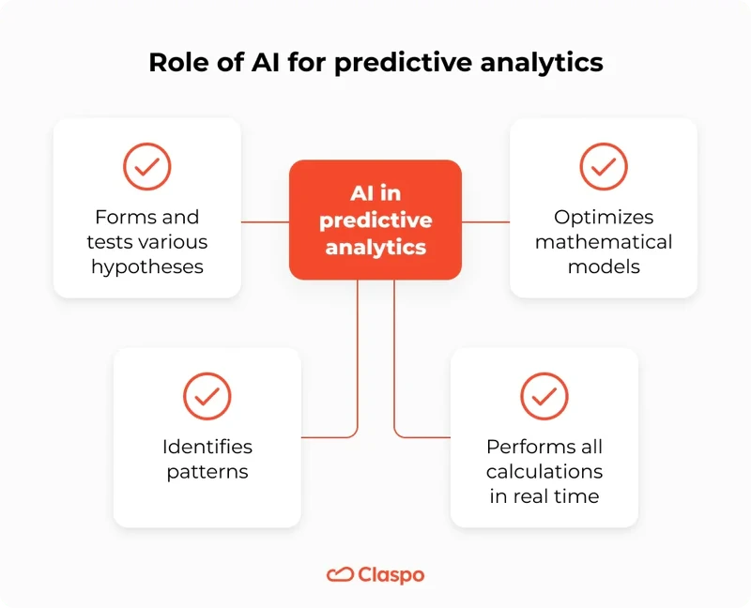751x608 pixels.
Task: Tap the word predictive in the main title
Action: click(404, 63)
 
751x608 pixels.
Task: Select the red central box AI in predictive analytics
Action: click(375, 220)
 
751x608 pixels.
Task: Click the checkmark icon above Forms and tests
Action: click(147, 167)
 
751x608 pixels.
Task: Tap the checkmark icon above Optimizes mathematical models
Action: click(604, 167)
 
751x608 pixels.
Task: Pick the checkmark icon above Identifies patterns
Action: click(207, 396)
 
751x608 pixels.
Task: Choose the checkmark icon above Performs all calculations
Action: click(544, 396)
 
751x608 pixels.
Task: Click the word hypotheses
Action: click(147, 266)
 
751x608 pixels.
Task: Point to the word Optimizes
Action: click(604, 218)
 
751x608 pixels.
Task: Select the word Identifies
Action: click(207, 447)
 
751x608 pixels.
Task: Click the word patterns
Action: click(207, 471)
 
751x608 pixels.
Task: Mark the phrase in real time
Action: click(544, 495)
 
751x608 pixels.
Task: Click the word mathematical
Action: click(604, 242)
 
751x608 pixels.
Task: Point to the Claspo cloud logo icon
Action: click(339, 574)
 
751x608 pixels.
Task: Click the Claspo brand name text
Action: click(391, 574)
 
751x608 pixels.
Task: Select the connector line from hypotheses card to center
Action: click(265, 222)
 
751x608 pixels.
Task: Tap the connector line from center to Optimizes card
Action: click(485, 222)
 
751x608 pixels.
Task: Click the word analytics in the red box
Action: click(375, 248)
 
